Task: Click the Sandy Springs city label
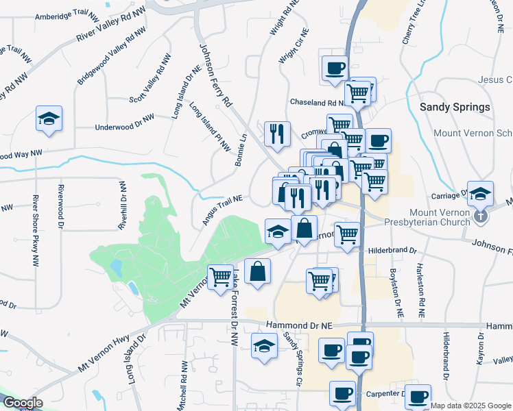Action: [455, 108]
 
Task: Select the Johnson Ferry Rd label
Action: [216, 75]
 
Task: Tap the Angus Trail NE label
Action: [223, 210]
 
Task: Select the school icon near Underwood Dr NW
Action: [49, 119]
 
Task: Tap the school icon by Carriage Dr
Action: [481, 192]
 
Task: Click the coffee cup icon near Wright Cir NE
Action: [335, 68]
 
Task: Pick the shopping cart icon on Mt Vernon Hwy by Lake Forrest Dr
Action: [221, 277]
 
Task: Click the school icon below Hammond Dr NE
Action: [264, 345]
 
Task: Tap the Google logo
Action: [23, 403]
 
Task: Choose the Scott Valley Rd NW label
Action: [150, 80]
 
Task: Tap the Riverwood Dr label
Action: [61, 206]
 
